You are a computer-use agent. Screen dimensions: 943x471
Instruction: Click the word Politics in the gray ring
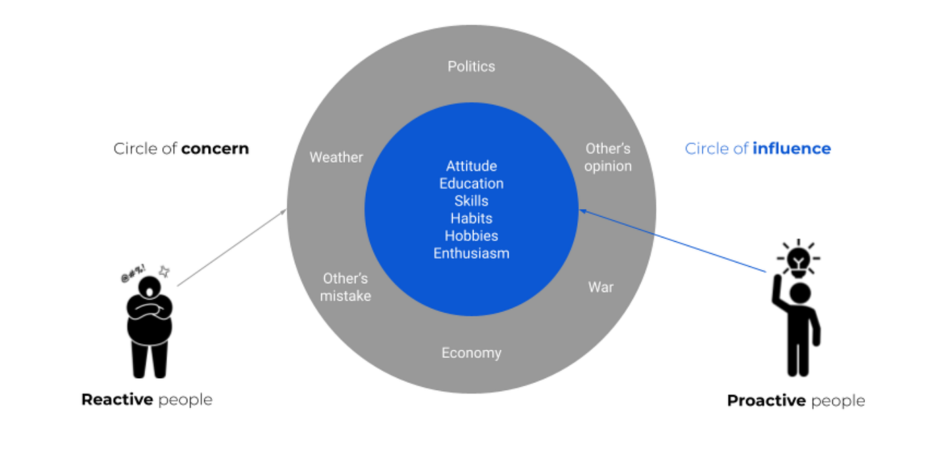click(471, 66)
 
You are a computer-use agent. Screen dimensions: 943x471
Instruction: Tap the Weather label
click(336, 157)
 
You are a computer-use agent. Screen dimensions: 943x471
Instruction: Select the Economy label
click(471, 353)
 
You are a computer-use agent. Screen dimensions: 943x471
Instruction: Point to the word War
click(601, 287)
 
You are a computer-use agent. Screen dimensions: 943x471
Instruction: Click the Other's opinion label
click(608, 157)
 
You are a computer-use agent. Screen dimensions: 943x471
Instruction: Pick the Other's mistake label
click(346, 287)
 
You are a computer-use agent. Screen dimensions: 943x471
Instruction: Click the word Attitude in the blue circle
click(471, 166)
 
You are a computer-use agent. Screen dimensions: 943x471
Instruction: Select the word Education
click(471, 184)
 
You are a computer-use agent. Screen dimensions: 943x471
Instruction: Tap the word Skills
click(471, 201)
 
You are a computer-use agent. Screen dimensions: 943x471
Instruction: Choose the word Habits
click(471, 219)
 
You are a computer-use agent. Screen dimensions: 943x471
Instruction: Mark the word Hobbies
click(471, 236)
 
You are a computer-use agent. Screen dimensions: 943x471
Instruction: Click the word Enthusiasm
click(471, 254)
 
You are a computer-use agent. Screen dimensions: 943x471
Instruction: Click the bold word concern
click(215, 149)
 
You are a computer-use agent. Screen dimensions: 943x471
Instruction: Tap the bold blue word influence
click(791, 149)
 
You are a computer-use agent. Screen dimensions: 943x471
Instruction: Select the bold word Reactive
click(117, 400)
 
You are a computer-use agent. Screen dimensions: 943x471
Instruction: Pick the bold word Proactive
click(767, 401)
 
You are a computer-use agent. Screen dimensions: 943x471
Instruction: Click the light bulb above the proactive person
click(800, 260)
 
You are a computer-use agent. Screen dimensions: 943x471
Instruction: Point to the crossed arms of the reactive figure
click(150, 310)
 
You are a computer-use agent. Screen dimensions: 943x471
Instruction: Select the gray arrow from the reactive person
click(232, 248)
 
